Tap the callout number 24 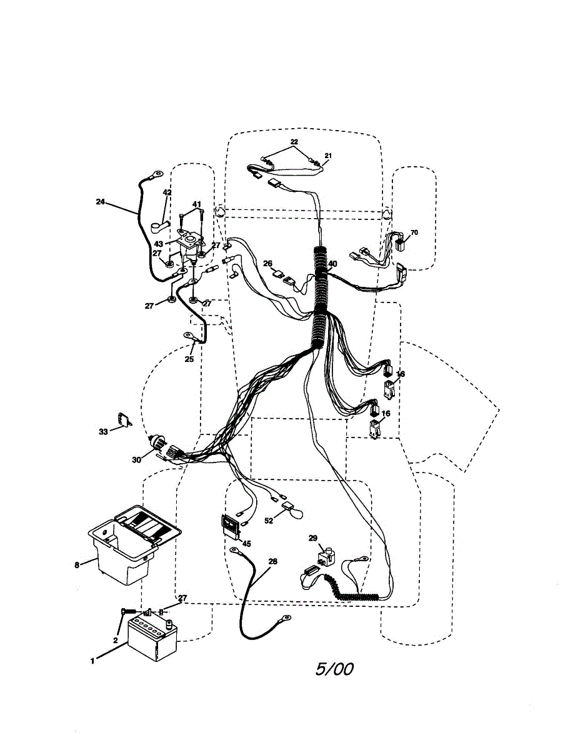click(x=101, y=202)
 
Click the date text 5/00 click(x=334, y=669)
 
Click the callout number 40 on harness click(x=333, y=264)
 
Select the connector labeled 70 click(x=401, y=242)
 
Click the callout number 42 click(x=167, y=192)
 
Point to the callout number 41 click(x=196, y=204)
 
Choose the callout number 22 click(x=294, y=142)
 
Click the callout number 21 click(x=328, y=155)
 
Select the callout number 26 click(x=267, y=263)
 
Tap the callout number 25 click(x=189, y=359)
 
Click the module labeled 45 click(x=229, y=526)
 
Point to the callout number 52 click(x=269, y=520)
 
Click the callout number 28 click(x=272, y=562)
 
